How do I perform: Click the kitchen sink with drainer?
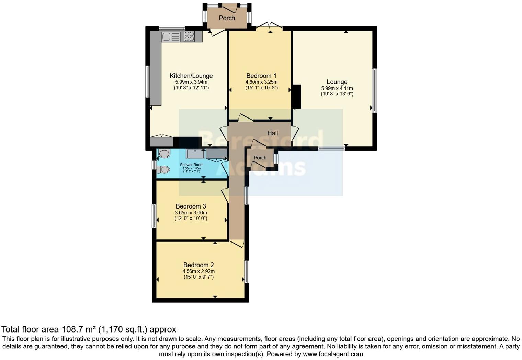[171, 36]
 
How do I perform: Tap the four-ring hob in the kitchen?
[189, 36]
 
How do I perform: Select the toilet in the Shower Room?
[163, 169]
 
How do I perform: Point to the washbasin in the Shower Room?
[164, 153]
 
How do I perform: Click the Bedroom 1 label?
[261, 76]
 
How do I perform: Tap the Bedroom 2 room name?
[198, 265]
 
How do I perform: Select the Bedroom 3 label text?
[191, 206]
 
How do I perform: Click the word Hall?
[273, 133]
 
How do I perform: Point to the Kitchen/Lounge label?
[191, 76]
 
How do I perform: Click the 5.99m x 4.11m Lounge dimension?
[337, 88]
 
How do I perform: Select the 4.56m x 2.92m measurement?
[198, 271]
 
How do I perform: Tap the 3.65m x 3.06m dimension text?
[191, 213]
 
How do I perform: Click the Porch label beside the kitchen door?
[227, 18]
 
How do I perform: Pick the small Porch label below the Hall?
[260, 158]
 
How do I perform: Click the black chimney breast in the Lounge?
[296, 97]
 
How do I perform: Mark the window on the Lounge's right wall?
[374, 90]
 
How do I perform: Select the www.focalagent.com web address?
[333, 354]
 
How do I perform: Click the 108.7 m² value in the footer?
[79, 329]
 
